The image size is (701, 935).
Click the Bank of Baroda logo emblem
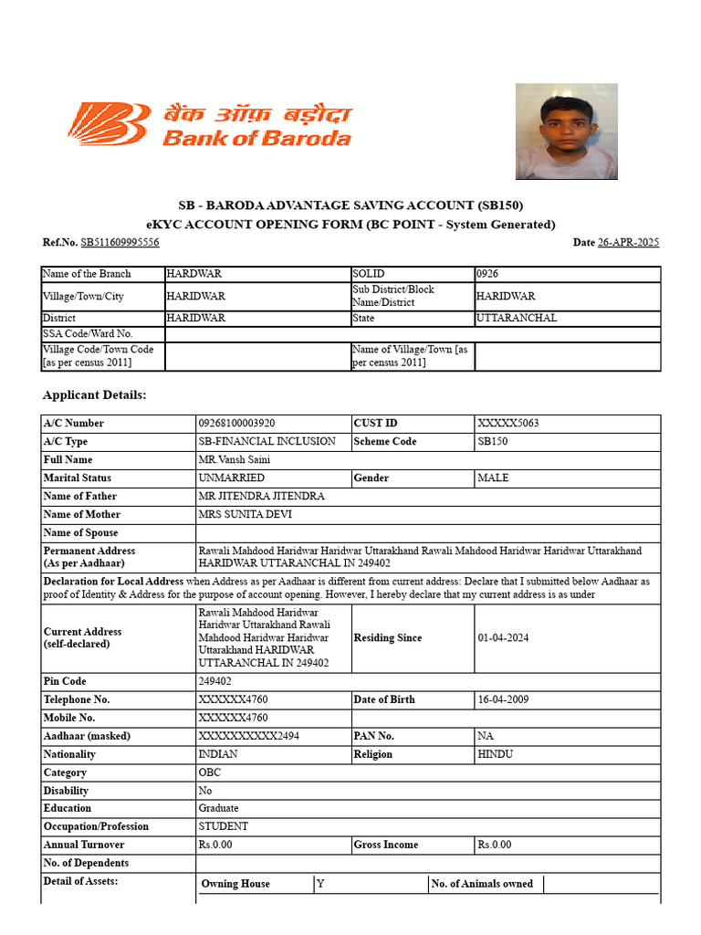[107, 124]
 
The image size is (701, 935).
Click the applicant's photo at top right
[566, 131]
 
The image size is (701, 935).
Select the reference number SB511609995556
[120, 242]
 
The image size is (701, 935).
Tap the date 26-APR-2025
[628, 242]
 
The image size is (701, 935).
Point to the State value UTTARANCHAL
[517, 319]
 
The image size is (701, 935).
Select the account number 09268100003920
[236, 424]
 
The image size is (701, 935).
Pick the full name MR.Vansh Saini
[235, 460]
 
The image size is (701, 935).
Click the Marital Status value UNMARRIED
[232, 478]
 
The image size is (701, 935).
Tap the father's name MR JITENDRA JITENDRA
[261, 497]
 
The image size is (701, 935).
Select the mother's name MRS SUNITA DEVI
[242, 515]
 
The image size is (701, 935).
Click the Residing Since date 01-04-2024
[501, 638]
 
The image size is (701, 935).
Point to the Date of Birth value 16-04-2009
[501, 699]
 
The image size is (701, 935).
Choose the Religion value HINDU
[496, 754]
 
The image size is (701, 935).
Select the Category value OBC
[210, 772]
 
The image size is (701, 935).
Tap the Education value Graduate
[219, 808]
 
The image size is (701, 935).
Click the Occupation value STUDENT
[223, 826]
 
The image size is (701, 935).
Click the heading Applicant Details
[94, 395]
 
